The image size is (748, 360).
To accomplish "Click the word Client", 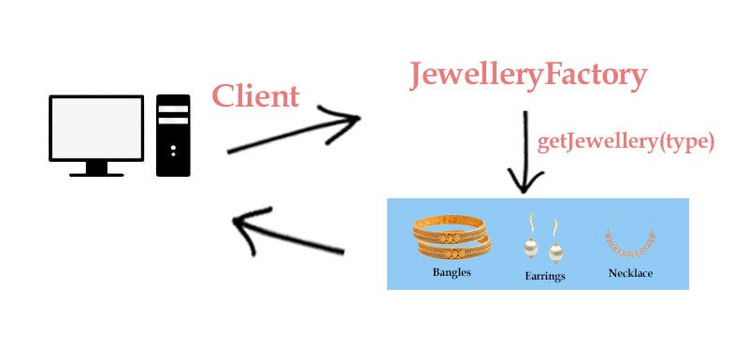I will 255,95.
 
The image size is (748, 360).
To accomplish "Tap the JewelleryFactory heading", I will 527,75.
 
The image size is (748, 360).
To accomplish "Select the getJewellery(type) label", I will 626,142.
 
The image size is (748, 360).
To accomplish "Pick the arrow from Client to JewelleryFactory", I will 292,135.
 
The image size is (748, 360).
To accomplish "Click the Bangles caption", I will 452,273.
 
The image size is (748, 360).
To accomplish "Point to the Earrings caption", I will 544,277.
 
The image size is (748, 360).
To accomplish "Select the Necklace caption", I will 629,273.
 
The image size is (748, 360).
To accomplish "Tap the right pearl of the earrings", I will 554,253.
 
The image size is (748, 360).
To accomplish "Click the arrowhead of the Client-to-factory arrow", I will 348,119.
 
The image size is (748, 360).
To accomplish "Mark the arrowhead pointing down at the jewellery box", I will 526,183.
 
